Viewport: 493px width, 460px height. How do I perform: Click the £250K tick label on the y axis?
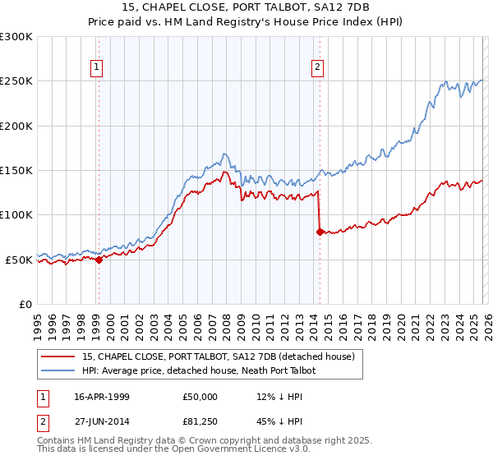[16, 81]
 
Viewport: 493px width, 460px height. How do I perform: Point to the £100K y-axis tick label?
[16, 214]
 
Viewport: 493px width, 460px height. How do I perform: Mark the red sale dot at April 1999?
[99, 260]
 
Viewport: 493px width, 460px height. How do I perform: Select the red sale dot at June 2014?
[320, 232]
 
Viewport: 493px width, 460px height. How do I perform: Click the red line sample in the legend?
[58, 357]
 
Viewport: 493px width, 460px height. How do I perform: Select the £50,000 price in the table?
[200, 397]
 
